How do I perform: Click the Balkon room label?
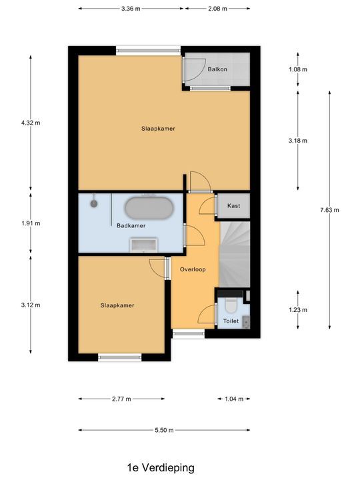(x=217, y=69)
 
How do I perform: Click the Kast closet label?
(x=233, y=207)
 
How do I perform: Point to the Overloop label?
(x=193, y=269)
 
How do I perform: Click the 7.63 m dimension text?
(x=329, y=210)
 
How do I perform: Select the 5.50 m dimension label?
(x=163, y=430)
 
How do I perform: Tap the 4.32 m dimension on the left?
(x=31, y=123)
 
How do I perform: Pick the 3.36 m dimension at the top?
(x=131, y=9)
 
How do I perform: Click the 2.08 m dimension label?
(x=217, y=9)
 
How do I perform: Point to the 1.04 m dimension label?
(x=233, y=399)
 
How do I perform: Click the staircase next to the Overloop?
(x=235, y=253)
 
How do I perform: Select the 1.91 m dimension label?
(x=31, y=223)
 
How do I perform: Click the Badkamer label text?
(x=131, y=225)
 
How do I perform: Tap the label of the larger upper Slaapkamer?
(x=158, y=129)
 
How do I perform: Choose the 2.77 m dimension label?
(x=121, y=399)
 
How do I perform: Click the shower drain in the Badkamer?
(x=95, y=200)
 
